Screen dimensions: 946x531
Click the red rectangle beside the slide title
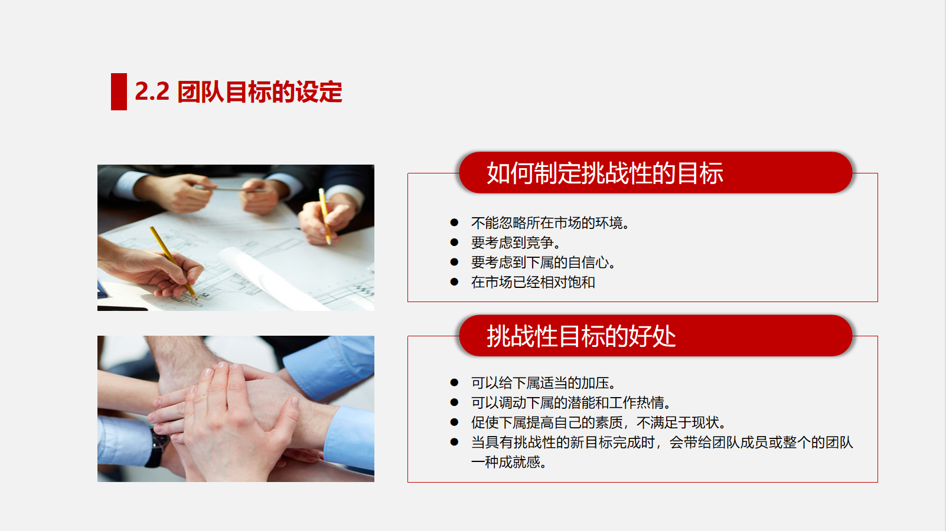pyautogui.click(x=119, y=91)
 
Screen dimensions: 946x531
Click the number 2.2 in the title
pyautogui.click(x=152, y=91)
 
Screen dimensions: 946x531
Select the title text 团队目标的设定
pyautogui.click(x=259, y=91)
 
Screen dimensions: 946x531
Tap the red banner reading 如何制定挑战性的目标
pyautogui.click(x=655, y=172)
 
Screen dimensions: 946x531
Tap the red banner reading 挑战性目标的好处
pyautogui.click(x=655, y=336)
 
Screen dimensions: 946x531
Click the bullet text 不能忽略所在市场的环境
pyautogui.click(x=550, y=222)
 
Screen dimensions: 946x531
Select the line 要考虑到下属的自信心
pyautogui.click(x=543, y=262)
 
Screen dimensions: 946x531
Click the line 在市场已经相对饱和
pyautogui.click(x=533, y=282)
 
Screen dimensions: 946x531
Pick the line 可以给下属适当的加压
pyautogui.click(x=543, y=383)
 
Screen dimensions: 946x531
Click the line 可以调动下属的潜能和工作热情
pyautogui.click(x=570, y=403)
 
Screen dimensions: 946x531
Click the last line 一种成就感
pyautogui.click(x=509, y=462)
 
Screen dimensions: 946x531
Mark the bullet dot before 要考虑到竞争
pyautogui.click(x=455, y=242)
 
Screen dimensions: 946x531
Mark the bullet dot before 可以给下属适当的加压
pyautogui.click(x=455, y=382)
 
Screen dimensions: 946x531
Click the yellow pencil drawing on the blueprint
pyautogui.click(x=173, y=263)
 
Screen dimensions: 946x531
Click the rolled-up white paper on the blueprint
pyautogui.click(x=270, y=277)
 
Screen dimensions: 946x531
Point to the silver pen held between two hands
pyautogui.click(x=231, y=189)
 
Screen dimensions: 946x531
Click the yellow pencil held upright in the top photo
pyautogui.click(x=324, y=216)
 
